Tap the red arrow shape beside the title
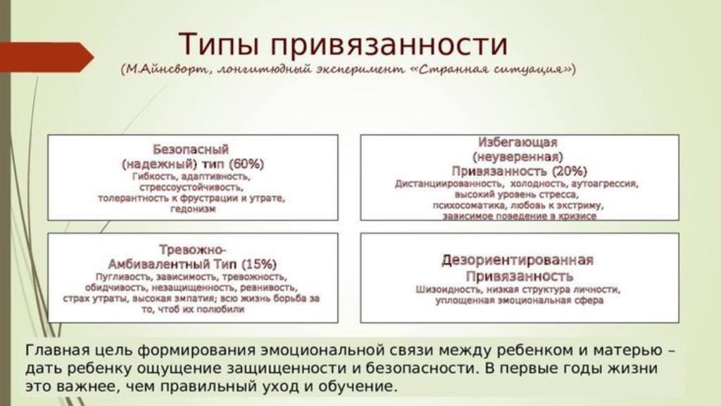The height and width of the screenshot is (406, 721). click(46, 57)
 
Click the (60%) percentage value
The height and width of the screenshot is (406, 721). click(246, 164)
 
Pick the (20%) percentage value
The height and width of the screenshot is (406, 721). click(570, 172)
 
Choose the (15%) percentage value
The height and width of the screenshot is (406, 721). click(259, 265)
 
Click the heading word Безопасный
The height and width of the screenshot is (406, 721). click(190, 149)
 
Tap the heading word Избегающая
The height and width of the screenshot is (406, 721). click(518, 142)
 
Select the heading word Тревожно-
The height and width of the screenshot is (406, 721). click(192, 250)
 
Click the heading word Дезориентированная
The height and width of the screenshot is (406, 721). click(518, 261)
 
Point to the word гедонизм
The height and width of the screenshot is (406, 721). click(193, 209)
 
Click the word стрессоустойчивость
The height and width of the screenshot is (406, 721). click(192, 187)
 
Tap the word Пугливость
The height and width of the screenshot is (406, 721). click(123, 277)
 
